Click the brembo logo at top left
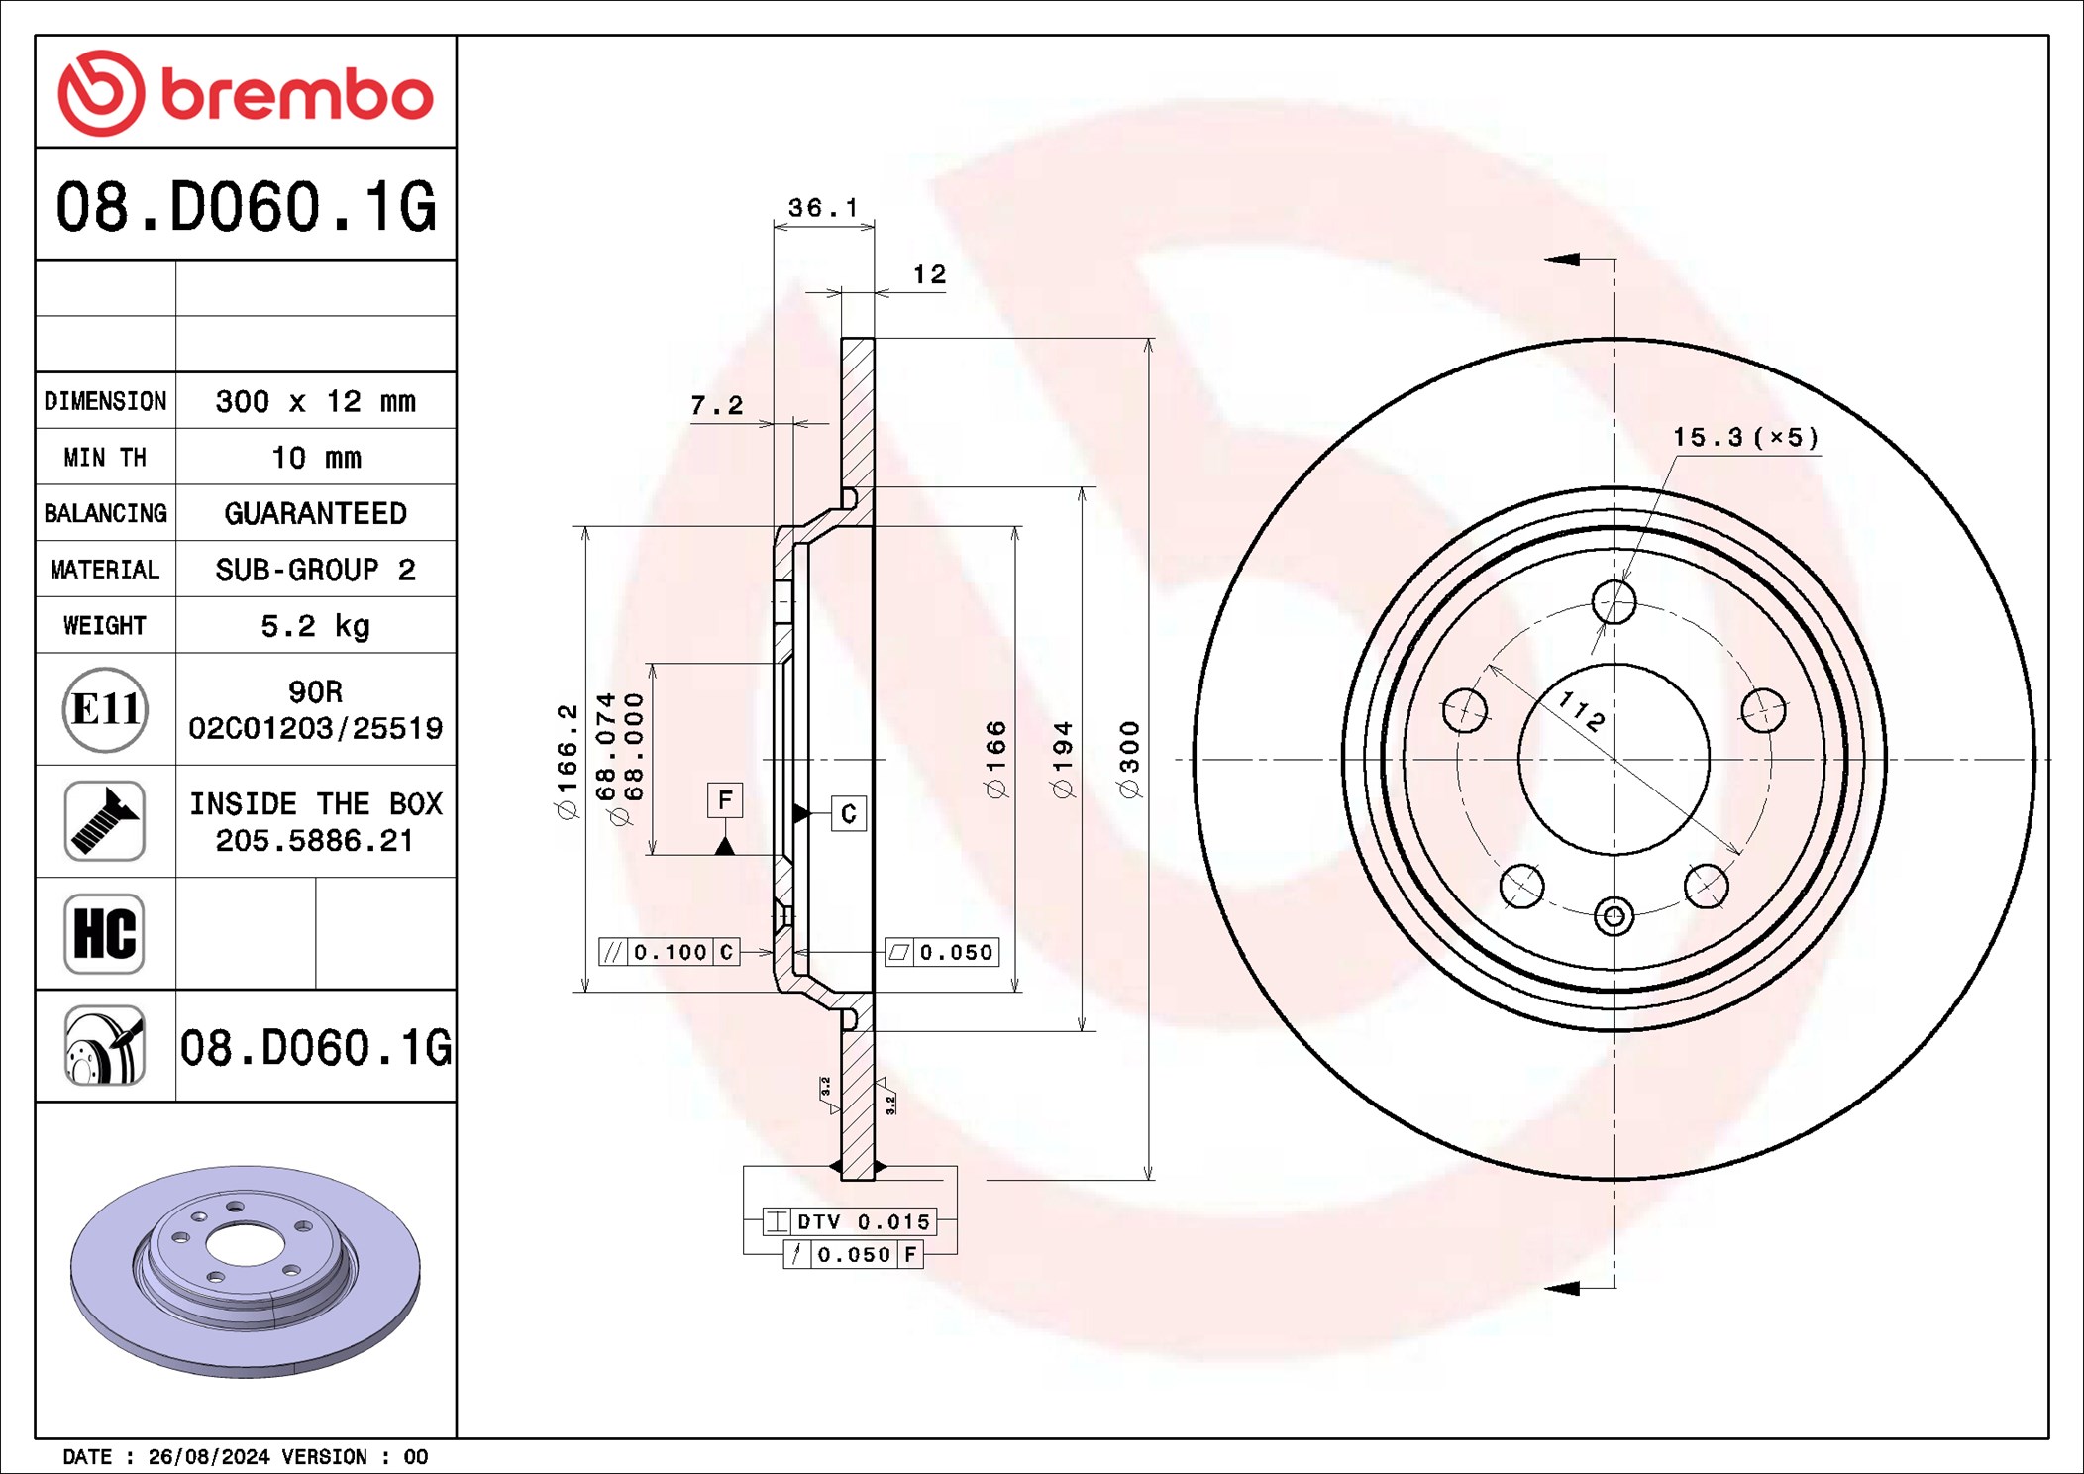(246, 93)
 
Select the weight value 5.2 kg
(315, 626)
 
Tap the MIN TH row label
(105, 457)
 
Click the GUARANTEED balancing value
(315, 513)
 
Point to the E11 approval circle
(105, 709)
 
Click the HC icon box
(105, 934)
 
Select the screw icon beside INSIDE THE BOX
(105, 821)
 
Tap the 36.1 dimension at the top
(823, 208)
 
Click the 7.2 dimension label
(716, 405)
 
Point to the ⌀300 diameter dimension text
(1129, 759)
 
